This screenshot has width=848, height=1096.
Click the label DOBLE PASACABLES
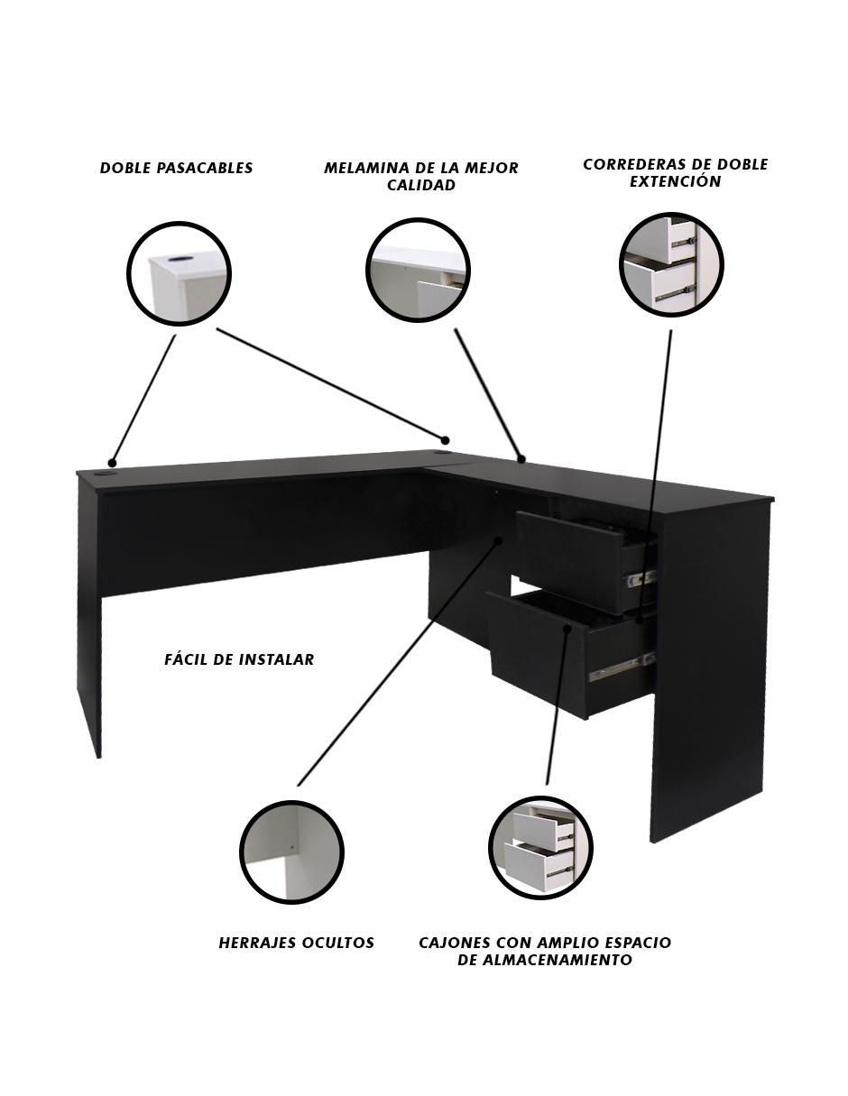coord(176,168)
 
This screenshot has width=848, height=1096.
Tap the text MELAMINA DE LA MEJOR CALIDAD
coord(421,176)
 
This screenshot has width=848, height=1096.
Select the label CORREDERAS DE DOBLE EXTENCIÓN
coord(675,172)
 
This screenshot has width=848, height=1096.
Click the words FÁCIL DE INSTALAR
coord(239,659)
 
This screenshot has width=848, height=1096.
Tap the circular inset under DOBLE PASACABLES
coord(179,274)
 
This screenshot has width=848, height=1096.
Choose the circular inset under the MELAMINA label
coord(418,270)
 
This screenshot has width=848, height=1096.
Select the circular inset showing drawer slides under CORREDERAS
coord(671,265)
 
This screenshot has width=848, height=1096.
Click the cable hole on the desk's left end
coord(107,474)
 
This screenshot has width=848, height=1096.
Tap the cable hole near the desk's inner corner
coord(442,453)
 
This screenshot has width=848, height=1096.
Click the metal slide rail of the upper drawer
coord(641,578)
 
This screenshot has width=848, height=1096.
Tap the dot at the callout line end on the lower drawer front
coord(567,629)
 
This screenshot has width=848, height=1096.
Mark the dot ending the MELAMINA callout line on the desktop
coord(521,458)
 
